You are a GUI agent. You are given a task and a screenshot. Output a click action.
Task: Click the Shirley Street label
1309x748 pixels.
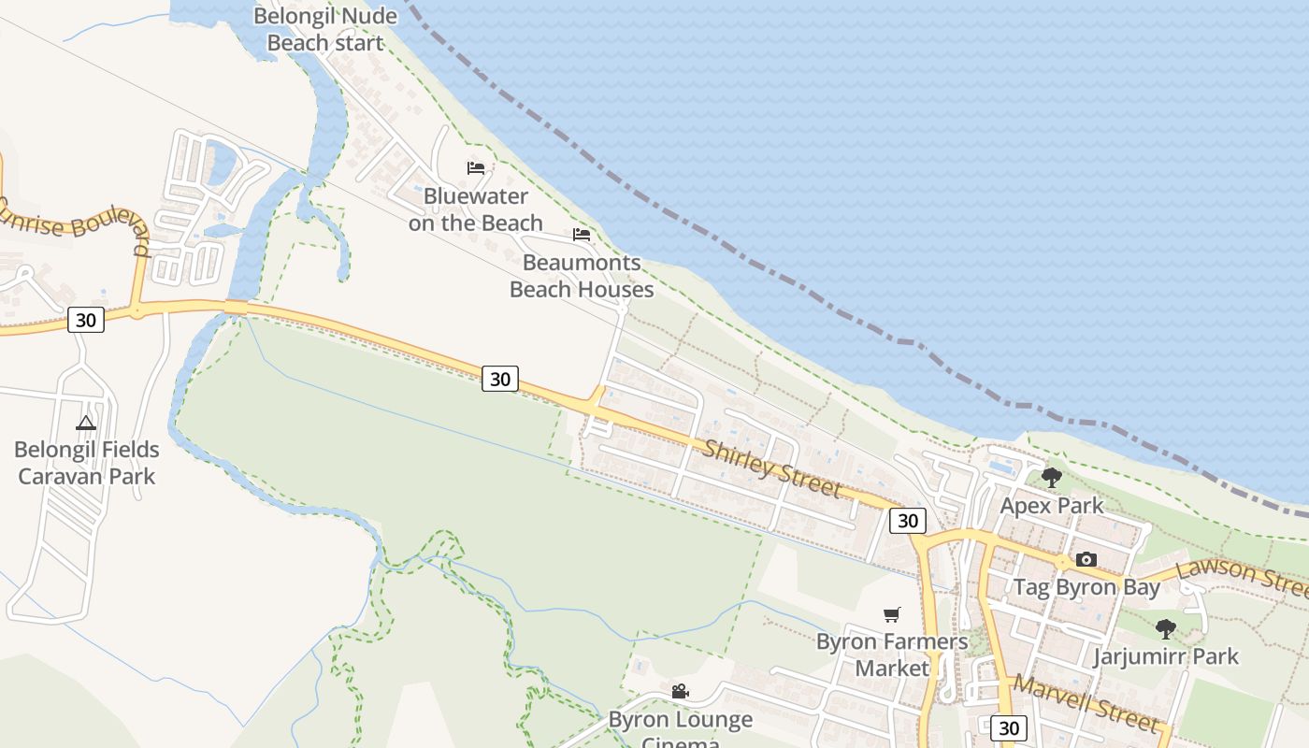click(772, 468)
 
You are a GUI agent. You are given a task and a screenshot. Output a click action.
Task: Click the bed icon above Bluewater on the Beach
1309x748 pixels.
click(476, 168)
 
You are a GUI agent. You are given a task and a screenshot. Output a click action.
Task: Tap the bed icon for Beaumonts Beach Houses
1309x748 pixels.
click(582, 234)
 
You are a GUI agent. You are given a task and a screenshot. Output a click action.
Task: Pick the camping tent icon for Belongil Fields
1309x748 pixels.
click(86, 423)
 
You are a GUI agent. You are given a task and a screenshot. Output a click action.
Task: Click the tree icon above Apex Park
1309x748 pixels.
click(1051, 478)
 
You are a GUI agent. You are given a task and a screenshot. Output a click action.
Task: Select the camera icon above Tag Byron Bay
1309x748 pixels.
click(1086, 559)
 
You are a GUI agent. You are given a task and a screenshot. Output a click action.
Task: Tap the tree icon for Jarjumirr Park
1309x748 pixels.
click(1165, 628)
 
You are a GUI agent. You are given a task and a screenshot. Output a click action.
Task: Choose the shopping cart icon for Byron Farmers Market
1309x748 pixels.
click(892, 614)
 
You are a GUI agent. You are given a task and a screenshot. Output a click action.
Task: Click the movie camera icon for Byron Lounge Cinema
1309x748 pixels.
click(680, 692)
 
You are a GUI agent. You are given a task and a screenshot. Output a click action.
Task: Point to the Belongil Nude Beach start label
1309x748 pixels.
click(325, 29)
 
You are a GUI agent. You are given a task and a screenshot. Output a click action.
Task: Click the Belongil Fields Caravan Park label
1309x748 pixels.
click(87, 463)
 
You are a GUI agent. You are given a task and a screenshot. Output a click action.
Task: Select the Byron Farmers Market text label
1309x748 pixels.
click(892, 654)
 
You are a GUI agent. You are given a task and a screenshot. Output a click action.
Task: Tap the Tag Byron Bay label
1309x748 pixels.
click(1086, 587)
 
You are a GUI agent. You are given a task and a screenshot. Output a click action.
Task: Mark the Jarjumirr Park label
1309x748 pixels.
click(1166, 656)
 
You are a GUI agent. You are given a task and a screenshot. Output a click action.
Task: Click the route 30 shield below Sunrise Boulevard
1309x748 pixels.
click(85, 320)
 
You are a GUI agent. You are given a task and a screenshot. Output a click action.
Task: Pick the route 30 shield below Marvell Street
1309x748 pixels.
click(1008, 727)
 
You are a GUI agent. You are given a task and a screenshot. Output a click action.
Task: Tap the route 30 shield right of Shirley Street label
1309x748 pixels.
click(907, 521)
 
